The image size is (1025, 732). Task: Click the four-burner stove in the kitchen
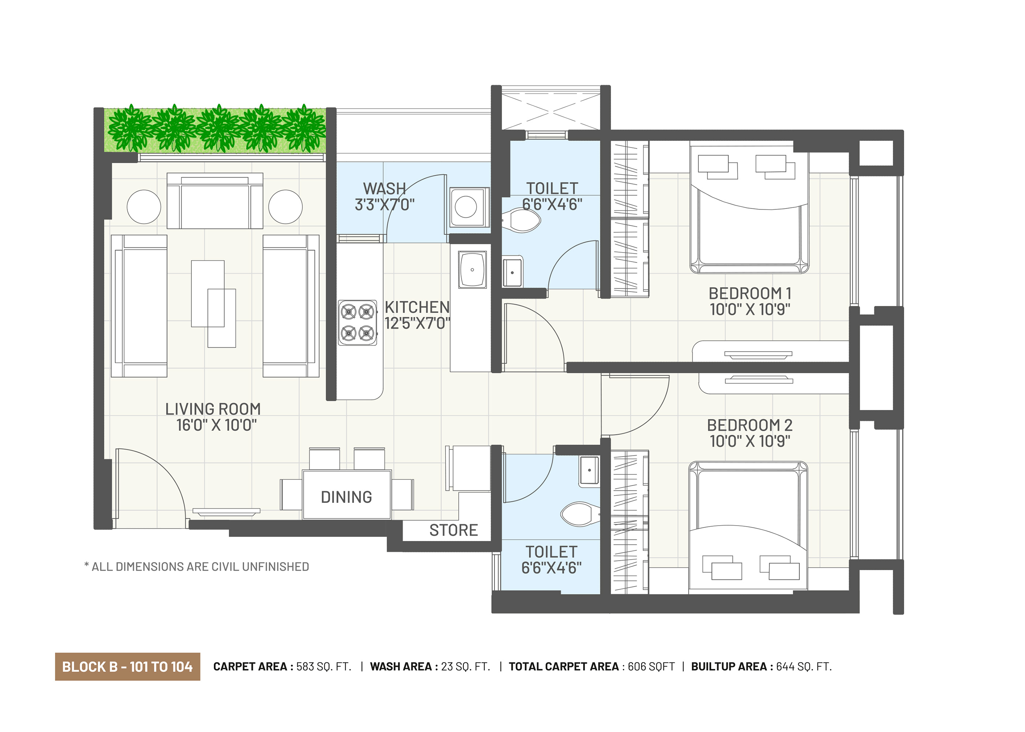tap(357, 322)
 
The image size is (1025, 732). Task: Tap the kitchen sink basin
tap(472, 269)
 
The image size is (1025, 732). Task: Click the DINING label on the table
tap(346, 497)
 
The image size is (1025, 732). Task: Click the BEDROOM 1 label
tap(750, 294)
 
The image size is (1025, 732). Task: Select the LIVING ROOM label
tap(213, 409)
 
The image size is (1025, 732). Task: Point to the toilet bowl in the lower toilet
tap(581, 514)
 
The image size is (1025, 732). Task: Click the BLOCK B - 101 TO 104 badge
tap(127, 666)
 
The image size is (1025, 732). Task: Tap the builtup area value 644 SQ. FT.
tap(804, 666)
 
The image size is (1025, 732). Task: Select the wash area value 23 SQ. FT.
tap(465, 666)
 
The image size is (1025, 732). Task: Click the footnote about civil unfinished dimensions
tap(197, 567)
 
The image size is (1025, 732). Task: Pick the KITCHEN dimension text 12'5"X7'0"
tap(417, 323)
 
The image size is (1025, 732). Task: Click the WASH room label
tap(384, 188)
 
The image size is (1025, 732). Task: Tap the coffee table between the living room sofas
tap(213, 304)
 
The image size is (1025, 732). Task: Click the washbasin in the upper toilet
tap(512, 272)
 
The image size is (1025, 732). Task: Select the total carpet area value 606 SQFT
tap(651, 666)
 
